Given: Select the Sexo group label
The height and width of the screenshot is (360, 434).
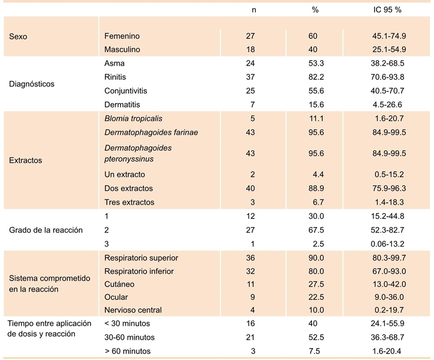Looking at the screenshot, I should coord(18,37).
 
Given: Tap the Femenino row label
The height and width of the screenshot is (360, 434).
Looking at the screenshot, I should coord(122,36).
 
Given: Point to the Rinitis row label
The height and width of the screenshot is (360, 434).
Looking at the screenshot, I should coord(115,77).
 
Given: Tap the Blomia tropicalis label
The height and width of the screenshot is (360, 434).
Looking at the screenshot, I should coord(133,118).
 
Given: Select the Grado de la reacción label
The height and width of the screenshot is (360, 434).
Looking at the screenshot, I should coord(46,230).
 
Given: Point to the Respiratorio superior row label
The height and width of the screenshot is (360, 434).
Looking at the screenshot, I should coord(141,257).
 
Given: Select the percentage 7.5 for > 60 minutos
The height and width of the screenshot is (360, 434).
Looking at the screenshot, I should coord(315,351).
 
